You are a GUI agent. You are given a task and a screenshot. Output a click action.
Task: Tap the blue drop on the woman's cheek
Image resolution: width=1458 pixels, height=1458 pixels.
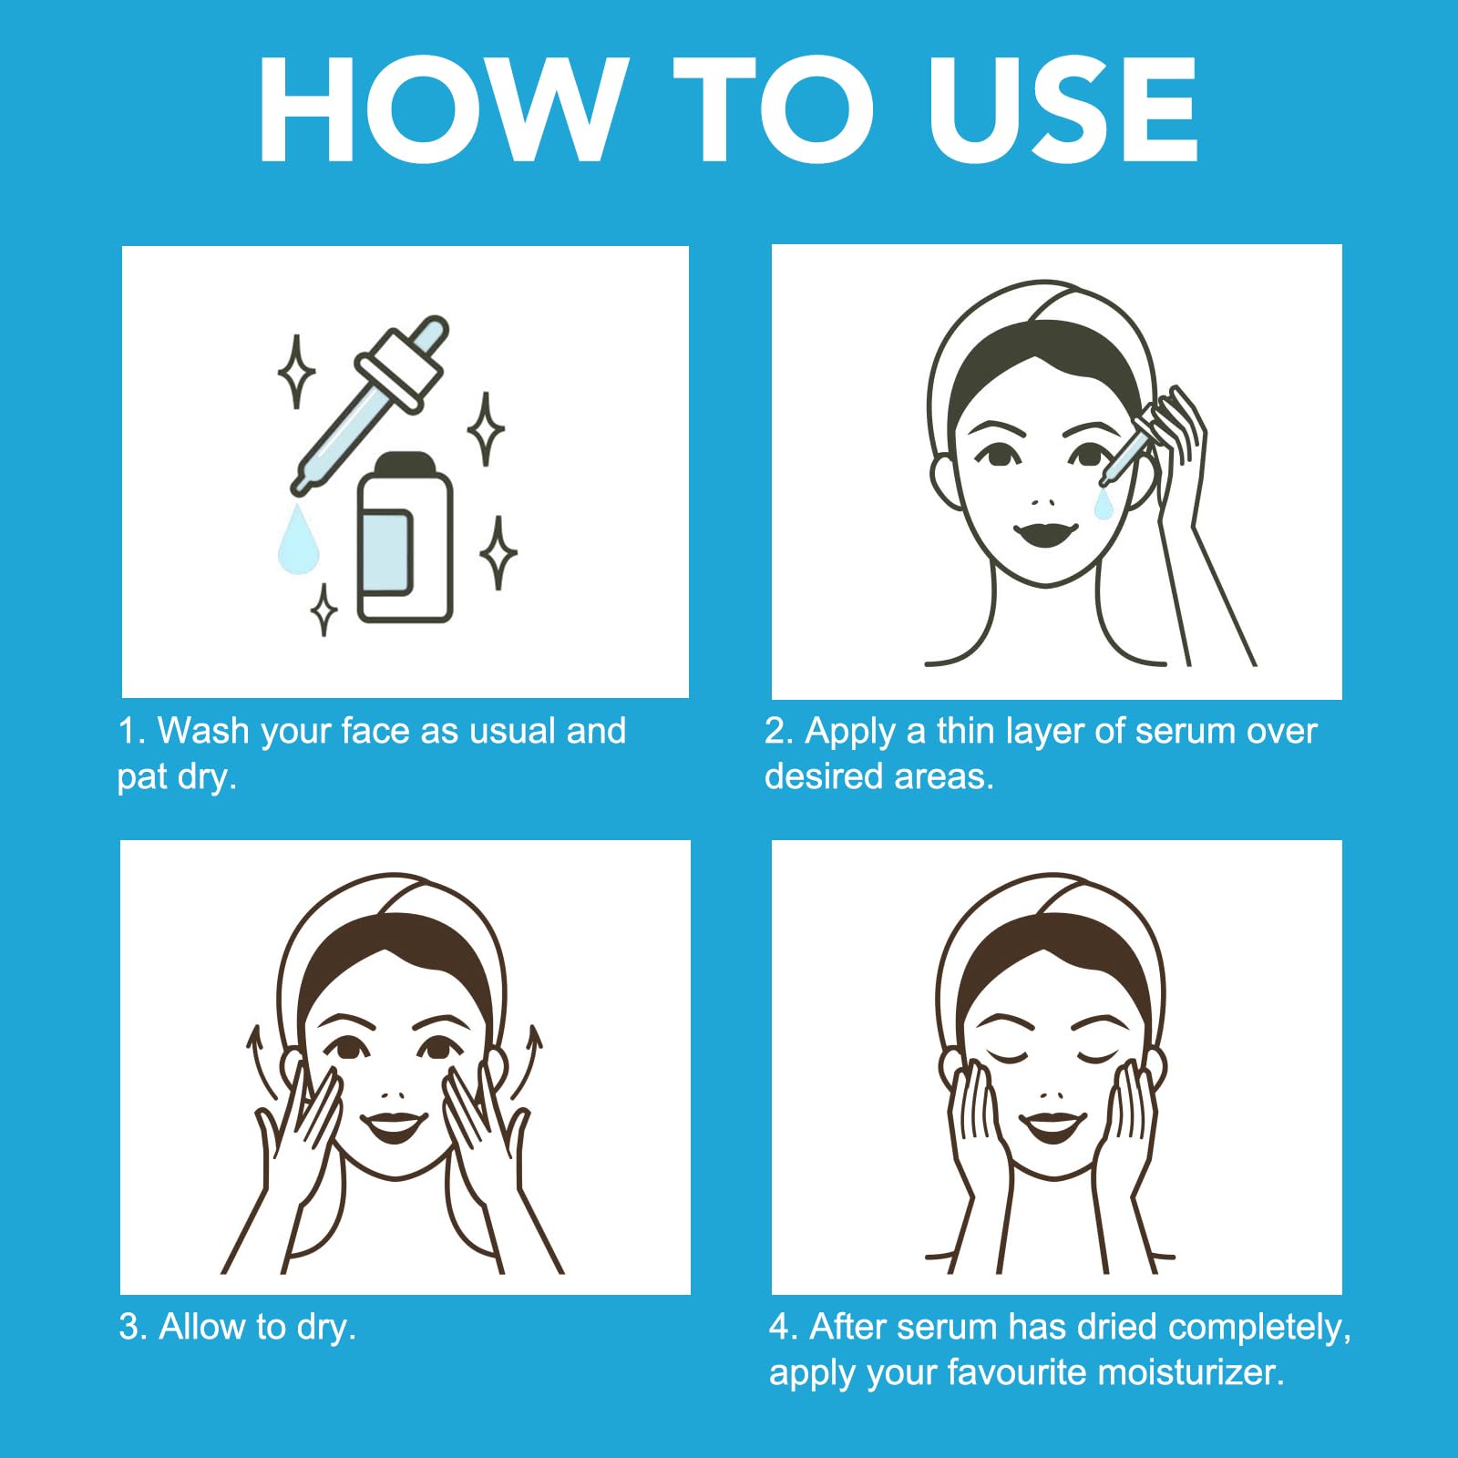coord(1104,504)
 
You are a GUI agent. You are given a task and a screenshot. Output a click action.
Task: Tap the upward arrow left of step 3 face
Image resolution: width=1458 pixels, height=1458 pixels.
coord(258,1062)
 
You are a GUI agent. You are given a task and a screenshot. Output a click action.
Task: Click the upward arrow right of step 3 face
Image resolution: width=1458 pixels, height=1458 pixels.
coord(529,1062)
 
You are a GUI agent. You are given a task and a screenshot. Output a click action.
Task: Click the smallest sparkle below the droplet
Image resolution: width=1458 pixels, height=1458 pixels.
coord(323,609)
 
